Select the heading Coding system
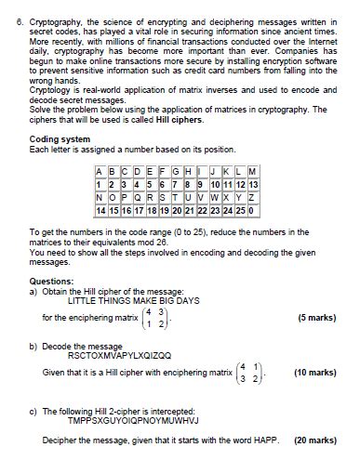[58, 138]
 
